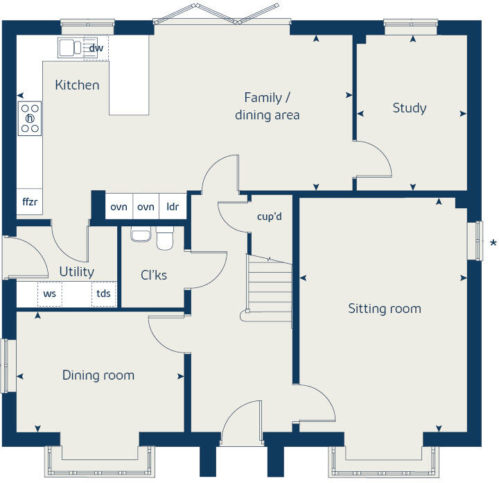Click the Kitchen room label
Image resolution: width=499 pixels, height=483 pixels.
pos(77,85)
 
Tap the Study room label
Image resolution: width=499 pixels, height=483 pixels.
pos(409,108)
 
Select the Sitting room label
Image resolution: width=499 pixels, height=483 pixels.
pos(384,308)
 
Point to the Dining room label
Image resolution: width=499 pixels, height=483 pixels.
pos(98,375)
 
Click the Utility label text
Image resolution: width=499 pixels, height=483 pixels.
pos(76,271)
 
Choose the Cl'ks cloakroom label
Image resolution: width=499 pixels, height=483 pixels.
pos(153,275)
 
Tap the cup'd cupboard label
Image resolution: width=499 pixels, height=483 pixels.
pos(269,217)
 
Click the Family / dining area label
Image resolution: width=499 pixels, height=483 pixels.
pos(267,106)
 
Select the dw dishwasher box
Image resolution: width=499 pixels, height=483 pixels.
pos(96,48)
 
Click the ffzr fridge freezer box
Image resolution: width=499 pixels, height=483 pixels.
pos(29,202)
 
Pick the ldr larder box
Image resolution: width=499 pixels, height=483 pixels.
pos(173,207)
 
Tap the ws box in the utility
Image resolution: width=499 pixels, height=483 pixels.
pos(49,294)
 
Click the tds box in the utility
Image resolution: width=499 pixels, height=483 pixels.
pos(103,294)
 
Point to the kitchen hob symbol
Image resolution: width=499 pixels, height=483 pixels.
pos(30,118)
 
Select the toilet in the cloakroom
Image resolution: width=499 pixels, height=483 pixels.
pos(165,237)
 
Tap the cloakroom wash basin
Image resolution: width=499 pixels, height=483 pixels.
pos(140,235)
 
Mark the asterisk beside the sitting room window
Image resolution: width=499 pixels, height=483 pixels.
pos(493,243)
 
